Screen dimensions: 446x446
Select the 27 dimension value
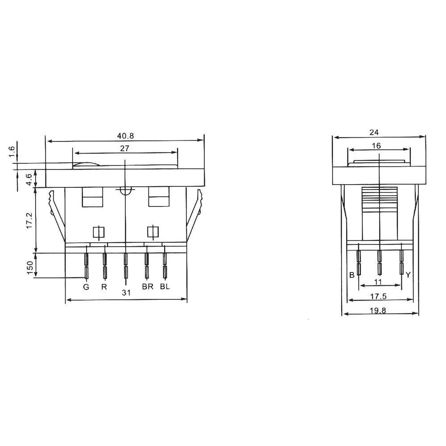[125, 149]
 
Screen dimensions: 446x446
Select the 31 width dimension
[126, 293]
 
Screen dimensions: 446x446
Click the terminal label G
[86, 287]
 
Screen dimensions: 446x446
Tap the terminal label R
[104, 287]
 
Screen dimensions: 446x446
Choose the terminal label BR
[148, 287]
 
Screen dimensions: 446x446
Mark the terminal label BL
[165, 287]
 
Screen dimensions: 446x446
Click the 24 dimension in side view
[375, 132]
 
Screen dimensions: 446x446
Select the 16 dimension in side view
[376, 145]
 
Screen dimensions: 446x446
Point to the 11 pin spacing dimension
[378, 282]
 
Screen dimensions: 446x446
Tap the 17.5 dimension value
[378, 296]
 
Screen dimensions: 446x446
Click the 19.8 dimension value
[378, 311]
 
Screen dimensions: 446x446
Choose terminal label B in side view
[352, 275]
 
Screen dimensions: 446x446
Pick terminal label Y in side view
[408, 275]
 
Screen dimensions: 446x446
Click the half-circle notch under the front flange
[126, 190]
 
